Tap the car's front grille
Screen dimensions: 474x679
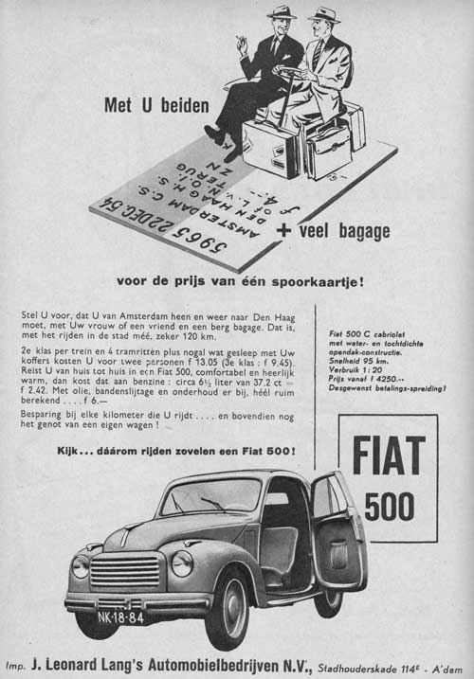(x=126, y=568)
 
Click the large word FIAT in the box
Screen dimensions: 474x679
(x=388, y=456)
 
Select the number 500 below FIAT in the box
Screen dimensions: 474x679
(x=389, y=507)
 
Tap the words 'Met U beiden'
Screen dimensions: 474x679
(x=155, y=106)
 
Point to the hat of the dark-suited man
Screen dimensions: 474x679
(x=282, y=12)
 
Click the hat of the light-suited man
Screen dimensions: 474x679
(x=324, y=14)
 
